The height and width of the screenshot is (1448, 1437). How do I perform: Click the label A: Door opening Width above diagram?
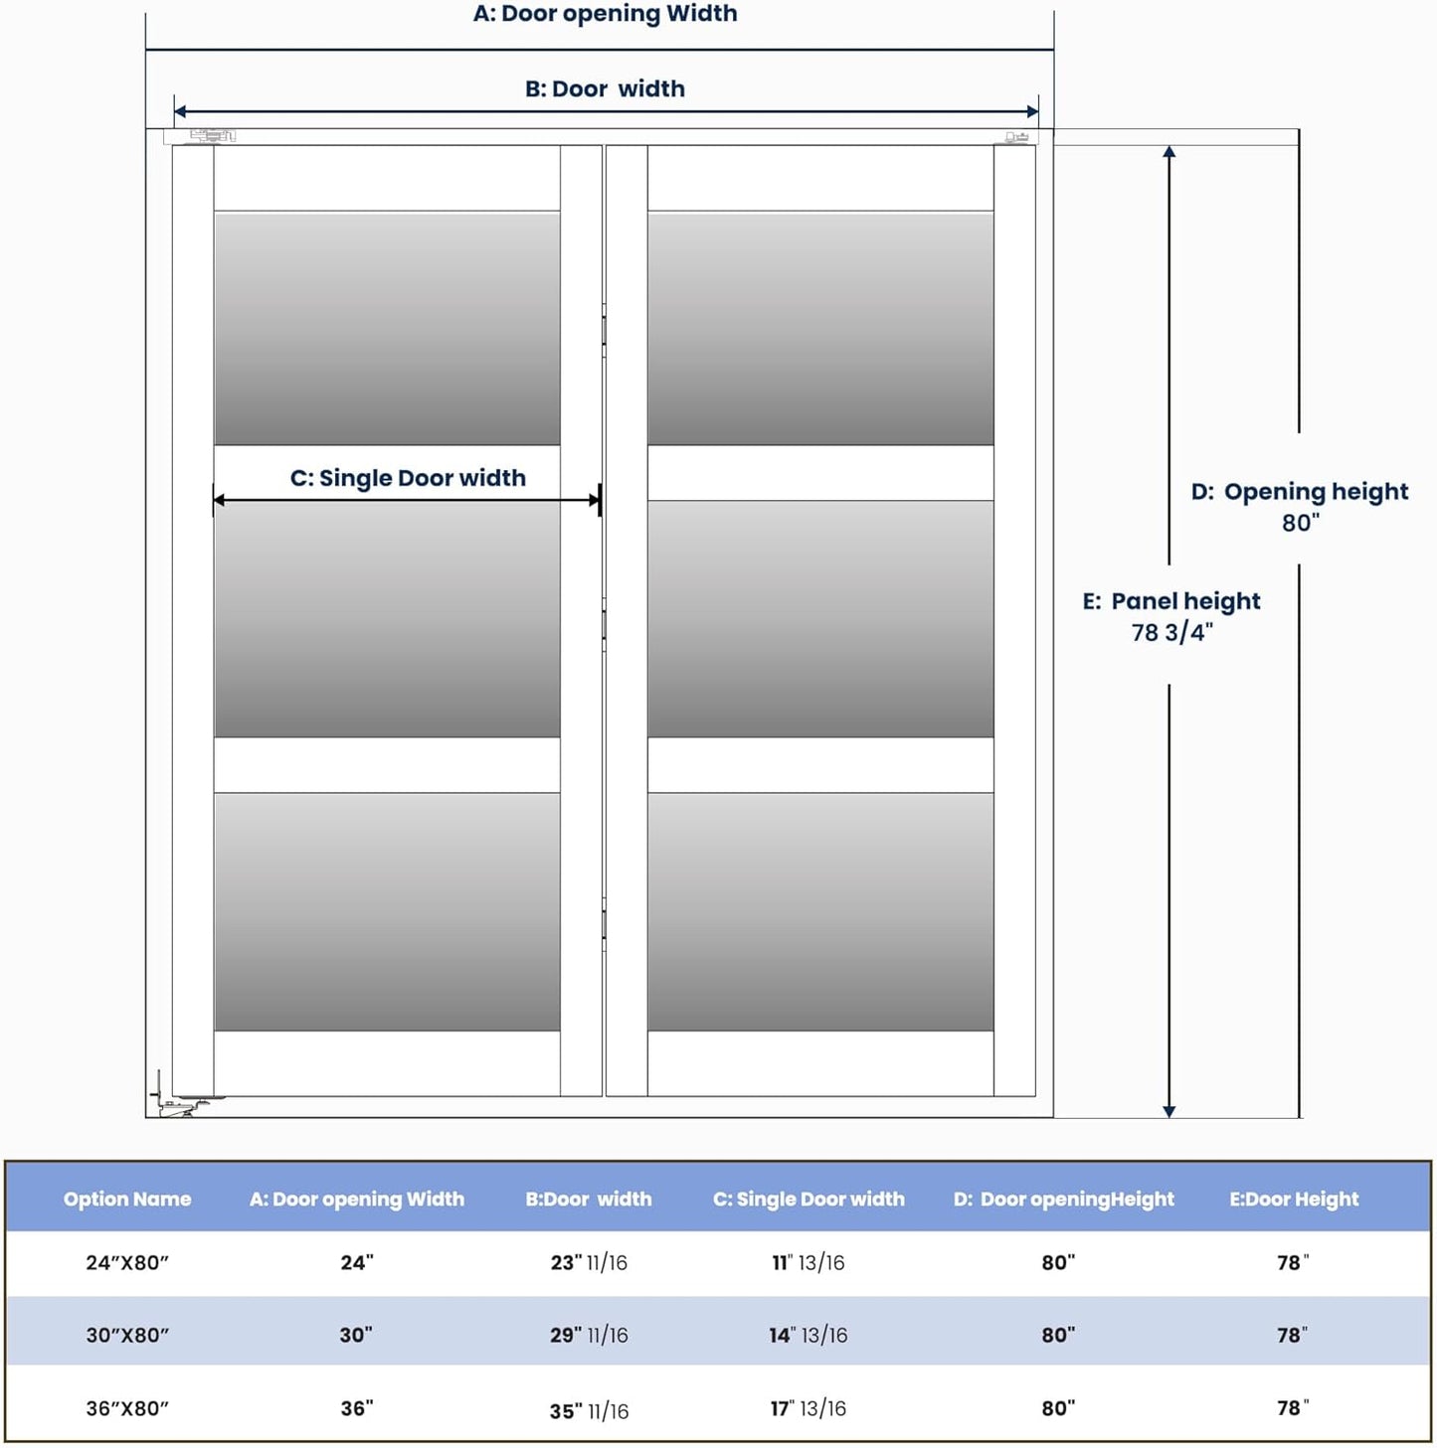click(605, 14)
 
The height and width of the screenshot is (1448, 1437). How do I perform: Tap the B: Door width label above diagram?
click(605, 89)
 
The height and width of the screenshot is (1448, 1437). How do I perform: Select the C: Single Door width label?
click(408, 478)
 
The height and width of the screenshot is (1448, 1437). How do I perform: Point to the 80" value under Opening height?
click(1300, 523)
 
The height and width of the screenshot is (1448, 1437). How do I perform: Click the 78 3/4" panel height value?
click(1171, 633)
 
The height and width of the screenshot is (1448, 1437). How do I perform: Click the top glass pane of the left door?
click(387, 328)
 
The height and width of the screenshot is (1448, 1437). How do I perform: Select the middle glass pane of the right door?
click(820, 618)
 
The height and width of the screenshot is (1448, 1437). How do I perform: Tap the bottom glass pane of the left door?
click(387, 911)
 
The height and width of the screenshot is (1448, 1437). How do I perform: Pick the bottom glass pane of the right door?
click(820, 911)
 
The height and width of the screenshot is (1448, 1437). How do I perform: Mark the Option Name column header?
click(127, 1200)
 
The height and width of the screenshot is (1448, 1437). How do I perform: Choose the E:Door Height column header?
click(1293, 1200)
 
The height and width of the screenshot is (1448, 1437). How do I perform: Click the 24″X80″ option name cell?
click(127, 1263)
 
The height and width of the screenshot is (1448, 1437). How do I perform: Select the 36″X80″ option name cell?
click(127, 1409)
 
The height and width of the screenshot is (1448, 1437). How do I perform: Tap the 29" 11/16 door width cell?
click(589, 1336)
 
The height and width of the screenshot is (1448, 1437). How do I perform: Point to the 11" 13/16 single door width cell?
click(808, 1263)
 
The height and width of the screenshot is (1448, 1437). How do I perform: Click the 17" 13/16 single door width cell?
click(808, 1409)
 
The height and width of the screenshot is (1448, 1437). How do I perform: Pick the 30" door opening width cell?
click(356, 1336)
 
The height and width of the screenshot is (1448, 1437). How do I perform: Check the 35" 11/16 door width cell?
click(589, 1411)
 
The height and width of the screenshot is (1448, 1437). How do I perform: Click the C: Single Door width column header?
click(808, 1200)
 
